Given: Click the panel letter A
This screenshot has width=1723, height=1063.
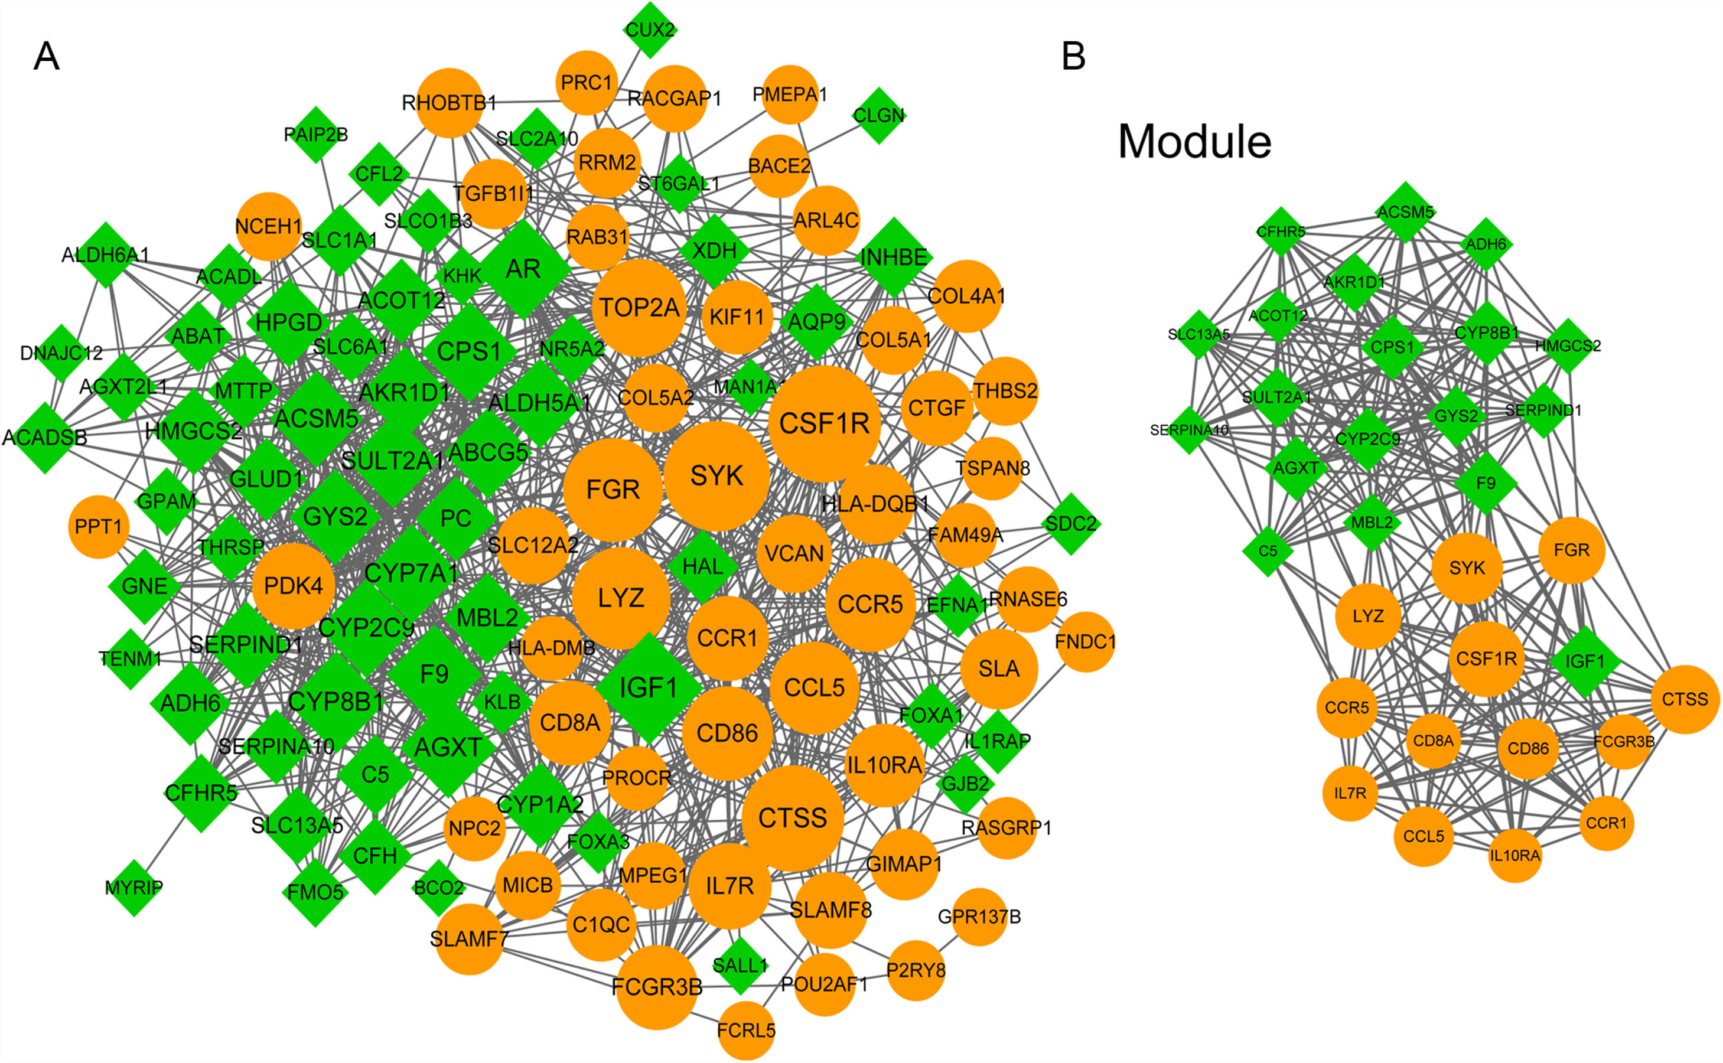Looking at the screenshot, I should [x=47, y=56].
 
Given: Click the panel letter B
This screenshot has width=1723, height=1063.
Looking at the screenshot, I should [x=1073, y=56].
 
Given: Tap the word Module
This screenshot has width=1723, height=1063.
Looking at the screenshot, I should [x=1194, y=142].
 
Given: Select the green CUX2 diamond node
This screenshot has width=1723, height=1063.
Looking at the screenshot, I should [x=650, y=30].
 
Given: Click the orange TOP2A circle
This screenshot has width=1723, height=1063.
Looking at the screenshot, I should [x=639, y=308].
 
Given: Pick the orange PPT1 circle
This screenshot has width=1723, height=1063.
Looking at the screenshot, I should [x=99, y=527].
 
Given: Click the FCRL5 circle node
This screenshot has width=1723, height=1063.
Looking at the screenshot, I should [x=746, y=1031].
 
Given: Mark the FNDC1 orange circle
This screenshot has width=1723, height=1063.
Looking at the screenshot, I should [x=1086, y=642].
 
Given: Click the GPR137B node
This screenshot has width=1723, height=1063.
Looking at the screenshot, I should [x=979, y=917].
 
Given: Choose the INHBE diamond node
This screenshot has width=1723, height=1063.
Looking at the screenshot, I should [x=894, y=257].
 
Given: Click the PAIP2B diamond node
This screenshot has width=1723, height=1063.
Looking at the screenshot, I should [x=315, y=134].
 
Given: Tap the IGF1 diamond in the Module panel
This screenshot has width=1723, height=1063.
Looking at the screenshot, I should [x=1585, y=661].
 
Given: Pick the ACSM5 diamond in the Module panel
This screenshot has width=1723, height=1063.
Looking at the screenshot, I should [x=1405, y=211].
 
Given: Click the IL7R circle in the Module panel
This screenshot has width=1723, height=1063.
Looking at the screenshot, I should [x=1350, y=794].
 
